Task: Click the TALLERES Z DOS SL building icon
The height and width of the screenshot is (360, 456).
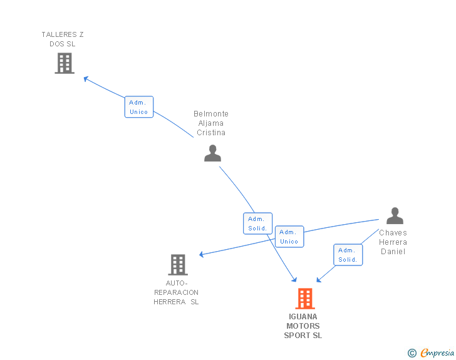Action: (65, 63)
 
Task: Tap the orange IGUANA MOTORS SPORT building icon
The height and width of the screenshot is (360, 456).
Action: (304, 299)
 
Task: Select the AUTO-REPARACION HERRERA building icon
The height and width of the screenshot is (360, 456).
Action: (178, 265)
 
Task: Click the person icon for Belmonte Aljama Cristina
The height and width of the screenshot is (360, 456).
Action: (212, 153)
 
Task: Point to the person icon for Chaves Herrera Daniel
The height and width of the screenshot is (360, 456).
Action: (395, 216)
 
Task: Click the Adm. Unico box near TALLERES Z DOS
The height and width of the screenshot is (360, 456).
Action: (138, 107)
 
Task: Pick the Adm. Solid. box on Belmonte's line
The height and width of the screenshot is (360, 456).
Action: (257, 224)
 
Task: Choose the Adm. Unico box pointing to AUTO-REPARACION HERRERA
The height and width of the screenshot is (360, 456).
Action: (289, 237)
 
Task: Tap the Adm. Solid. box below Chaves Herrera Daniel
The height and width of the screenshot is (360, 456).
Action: (348, 255)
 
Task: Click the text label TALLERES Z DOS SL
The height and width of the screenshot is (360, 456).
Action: (63, 39)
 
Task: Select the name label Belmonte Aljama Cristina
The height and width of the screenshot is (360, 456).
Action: (211, 123)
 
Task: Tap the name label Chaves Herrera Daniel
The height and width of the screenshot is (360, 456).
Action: (393, 242)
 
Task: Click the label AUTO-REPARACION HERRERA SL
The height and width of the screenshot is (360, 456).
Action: (176, 292)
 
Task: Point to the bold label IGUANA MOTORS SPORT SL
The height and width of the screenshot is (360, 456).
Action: (303, 326)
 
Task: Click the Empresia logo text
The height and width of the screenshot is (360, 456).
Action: (438, 353)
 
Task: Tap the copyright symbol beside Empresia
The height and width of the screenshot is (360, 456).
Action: (412, 353)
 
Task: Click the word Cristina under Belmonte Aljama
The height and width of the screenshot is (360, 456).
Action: (211, 133)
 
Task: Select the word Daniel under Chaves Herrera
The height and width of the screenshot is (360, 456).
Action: (393, 252)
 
